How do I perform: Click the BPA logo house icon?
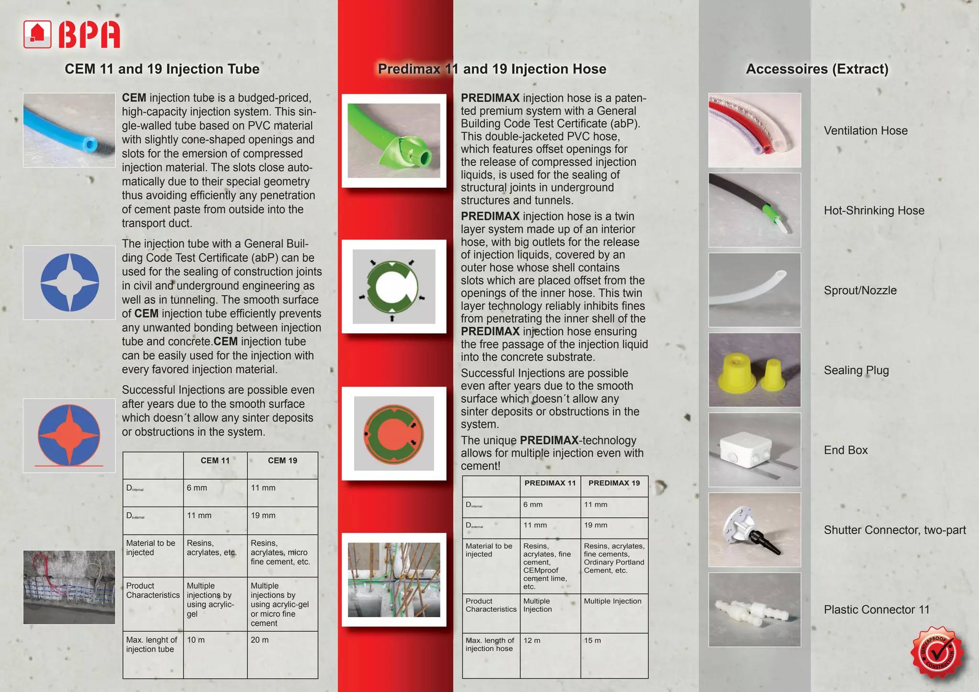[37, 34]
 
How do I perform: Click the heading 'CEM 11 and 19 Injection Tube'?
[162, 69]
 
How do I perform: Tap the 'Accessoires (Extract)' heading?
[817, 69]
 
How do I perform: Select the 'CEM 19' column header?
[282, 461]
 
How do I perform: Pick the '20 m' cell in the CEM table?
[260, 640]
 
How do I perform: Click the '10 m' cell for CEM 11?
[196, 640]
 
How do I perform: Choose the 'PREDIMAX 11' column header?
[550, 483]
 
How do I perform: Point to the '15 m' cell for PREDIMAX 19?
[592, 640]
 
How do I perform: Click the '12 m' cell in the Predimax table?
[532, 640]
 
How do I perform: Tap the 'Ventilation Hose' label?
[865, 130]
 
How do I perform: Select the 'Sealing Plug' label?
[856, 370]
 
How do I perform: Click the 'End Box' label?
[845, 450]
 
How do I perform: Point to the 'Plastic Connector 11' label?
[876, 610]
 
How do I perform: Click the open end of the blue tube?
[90, 144]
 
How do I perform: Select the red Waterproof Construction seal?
[937, 653]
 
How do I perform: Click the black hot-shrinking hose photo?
[754, 210]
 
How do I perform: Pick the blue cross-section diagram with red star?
[69, 435]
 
